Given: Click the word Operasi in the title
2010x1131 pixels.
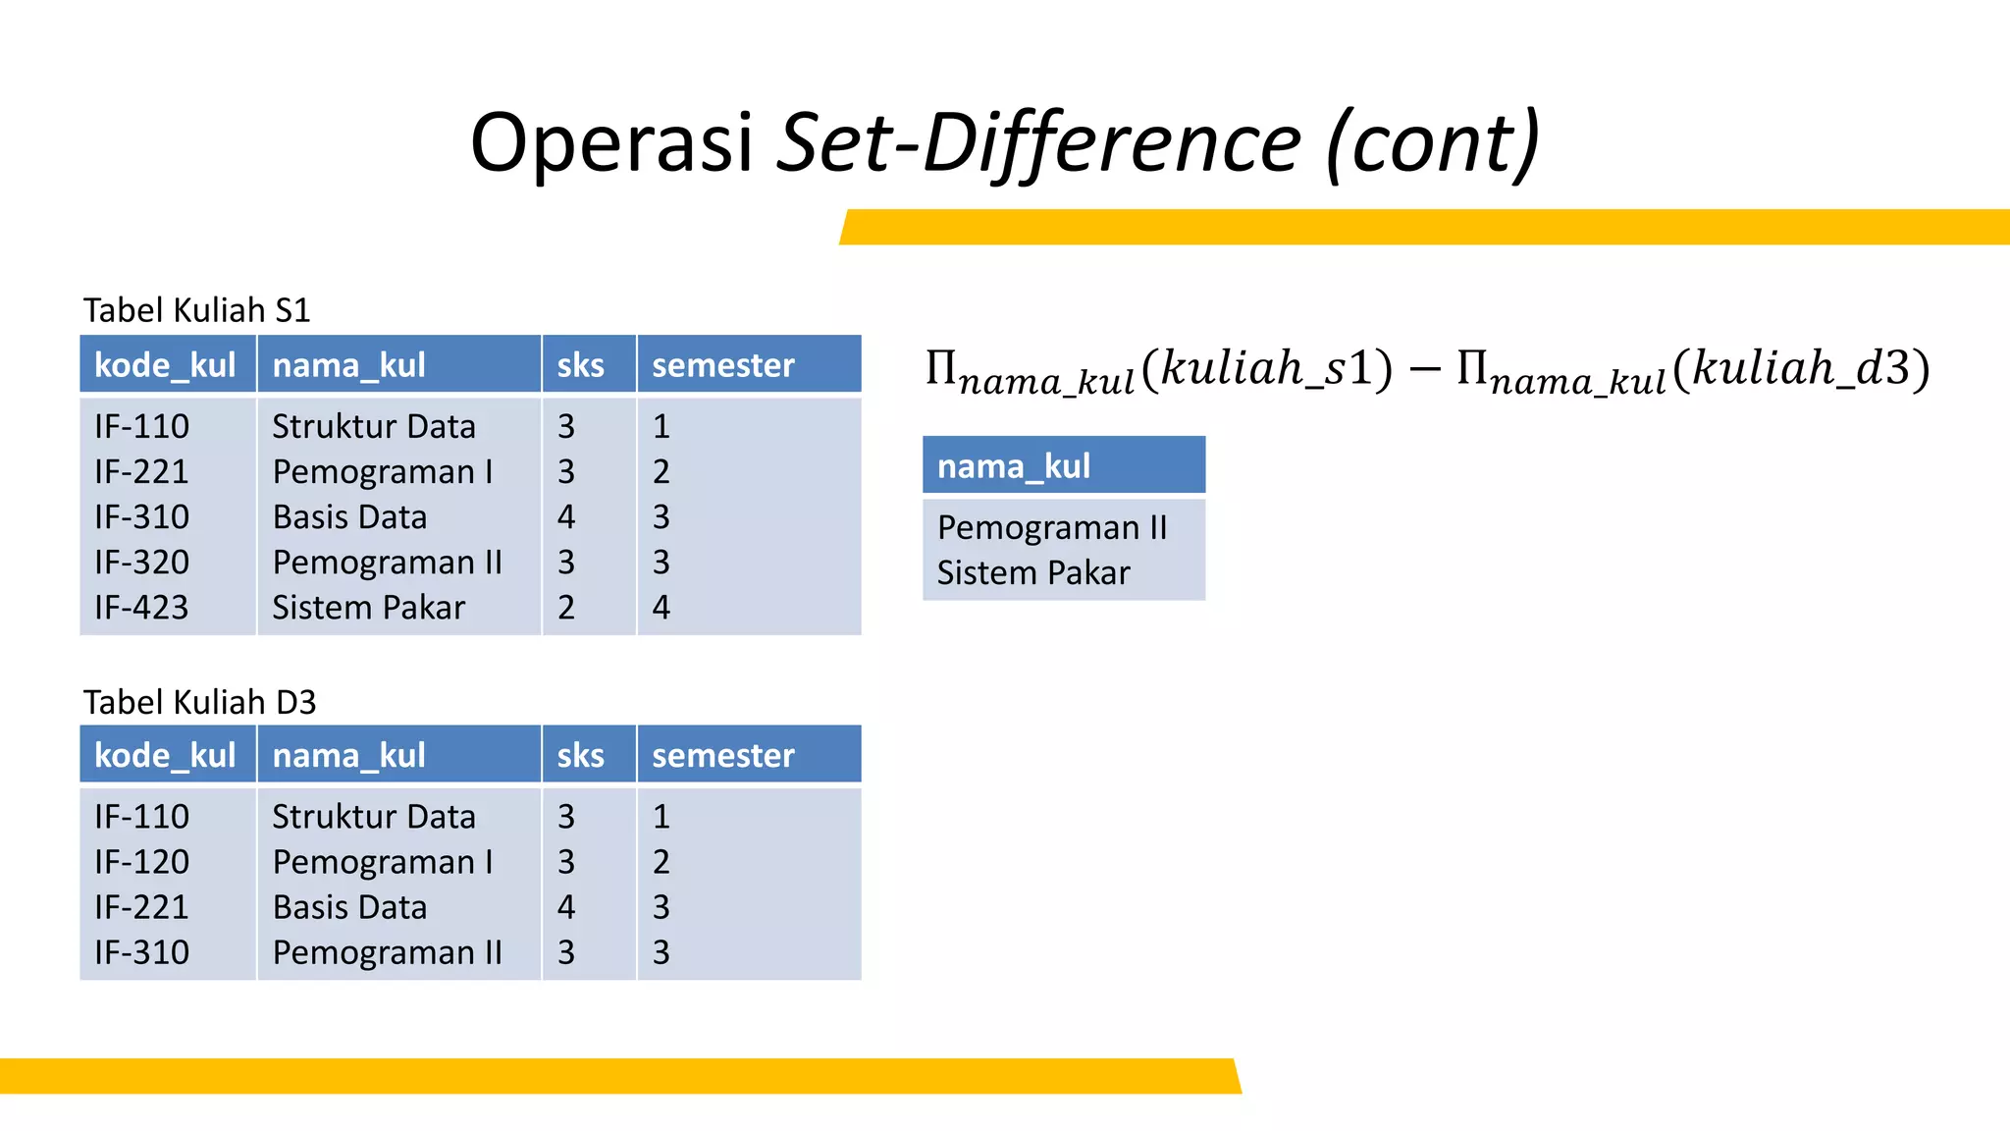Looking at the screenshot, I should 610,142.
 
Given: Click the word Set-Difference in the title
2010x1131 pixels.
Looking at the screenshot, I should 1038,142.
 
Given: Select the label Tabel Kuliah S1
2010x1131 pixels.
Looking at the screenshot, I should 196,310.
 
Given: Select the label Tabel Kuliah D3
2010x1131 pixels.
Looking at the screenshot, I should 199,702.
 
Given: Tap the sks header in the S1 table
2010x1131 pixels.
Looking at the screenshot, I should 580,365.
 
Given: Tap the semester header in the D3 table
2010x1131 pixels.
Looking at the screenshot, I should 722,755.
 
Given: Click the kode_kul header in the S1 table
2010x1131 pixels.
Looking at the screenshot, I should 165,365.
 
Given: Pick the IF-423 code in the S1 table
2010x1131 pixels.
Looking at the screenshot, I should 141,607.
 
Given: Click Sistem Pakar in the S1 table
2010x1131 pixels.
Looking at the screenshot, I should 368,607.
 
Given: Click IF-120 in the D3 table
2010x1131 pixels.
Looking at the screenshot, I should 141,861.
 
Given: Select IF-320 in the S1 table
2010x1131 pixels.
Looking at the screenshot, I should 141,562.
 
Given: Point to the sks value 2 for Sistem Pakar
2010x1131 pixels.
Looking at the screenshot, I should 566,607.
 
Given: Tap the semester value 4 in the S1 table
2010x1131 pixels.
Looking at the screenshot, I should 661,607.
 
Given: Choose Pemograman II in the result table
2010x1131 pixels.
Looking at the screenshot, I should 1051,527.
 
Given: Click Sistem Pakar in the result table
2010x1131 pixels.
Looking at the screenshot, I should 1032,572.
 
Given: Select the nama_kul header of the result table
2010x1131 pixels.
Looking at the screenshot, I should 1013,465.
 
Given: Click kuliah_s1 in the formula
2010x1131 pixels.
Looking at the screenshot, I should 1266,368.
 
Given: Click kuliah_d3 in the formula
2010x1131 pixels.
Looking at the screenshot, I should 1801,368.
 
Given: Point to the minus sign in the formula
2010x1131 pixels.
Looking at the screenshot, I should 1424,371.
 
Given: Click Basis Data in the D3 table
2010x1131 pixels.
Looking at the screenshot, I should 349,906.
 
